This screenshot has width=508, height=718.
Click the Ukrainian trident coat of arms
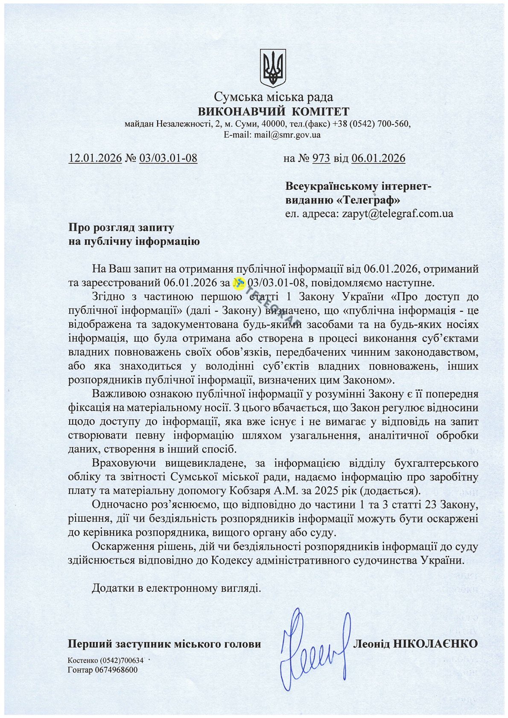point(273,68)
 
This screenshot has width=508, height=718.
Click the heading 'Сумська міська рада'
point(273,97)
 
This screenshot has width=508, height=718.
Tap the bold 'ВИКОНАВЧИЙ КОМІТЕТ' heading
point(273,112)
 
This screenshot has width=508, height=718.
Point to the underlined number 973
point(321,158)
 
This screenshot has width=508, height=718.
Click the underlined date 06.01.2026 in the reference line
point(378,158)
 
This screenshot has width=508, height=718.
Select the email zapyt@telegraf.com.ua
point(397,213)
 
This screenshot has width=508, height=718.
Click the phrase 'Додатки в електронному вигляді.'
point(176,589)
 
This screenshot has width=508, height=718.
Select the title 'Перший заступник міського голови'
point(164,644)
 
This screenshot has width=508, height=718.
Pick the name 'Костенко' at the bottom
point(83,661)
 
